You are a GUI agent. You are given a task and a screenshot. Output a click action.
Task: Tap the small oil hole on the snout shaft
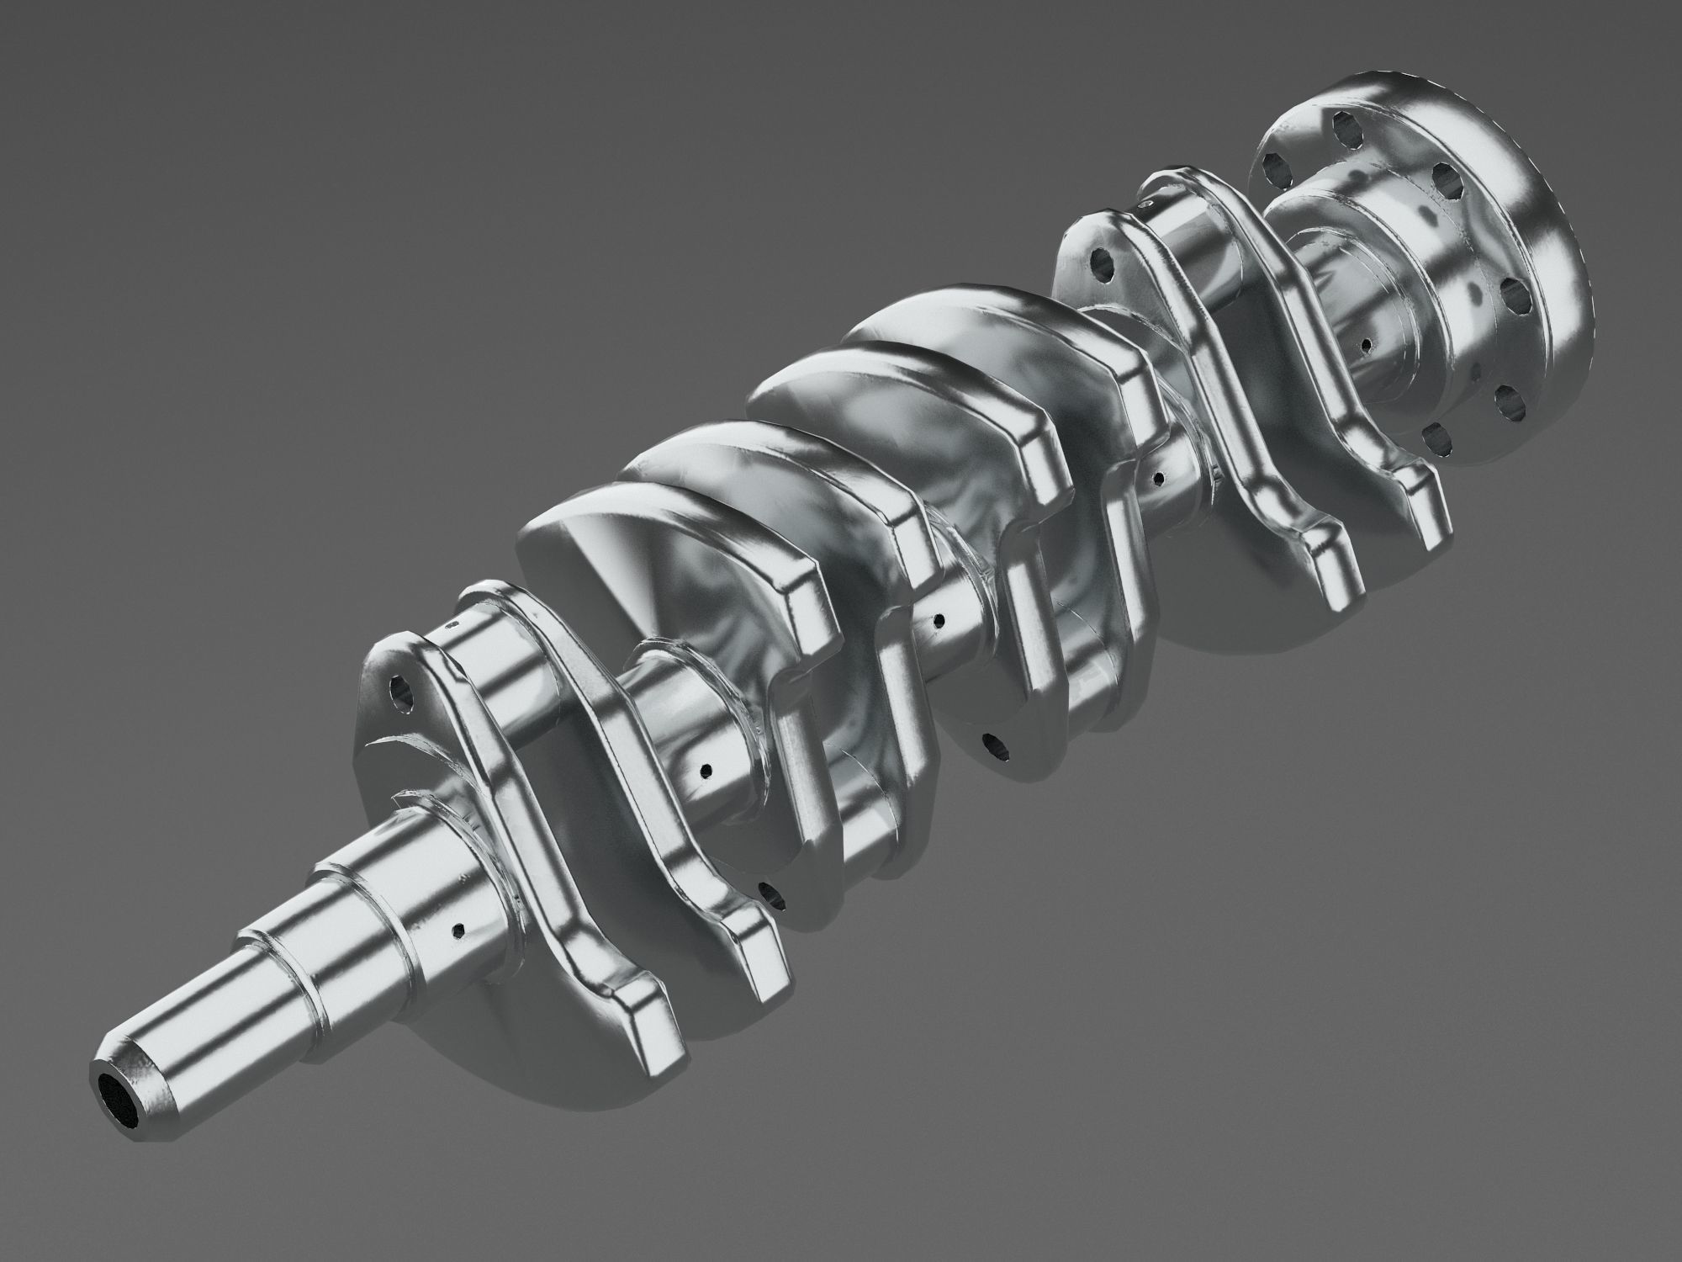(458, 930)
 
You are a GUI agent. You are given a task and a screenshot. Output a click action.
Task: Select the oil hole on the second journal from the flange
(1160, 479)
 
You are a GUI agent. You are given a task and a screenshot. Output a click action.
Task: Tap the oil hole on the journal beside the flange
(1367, 345)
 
